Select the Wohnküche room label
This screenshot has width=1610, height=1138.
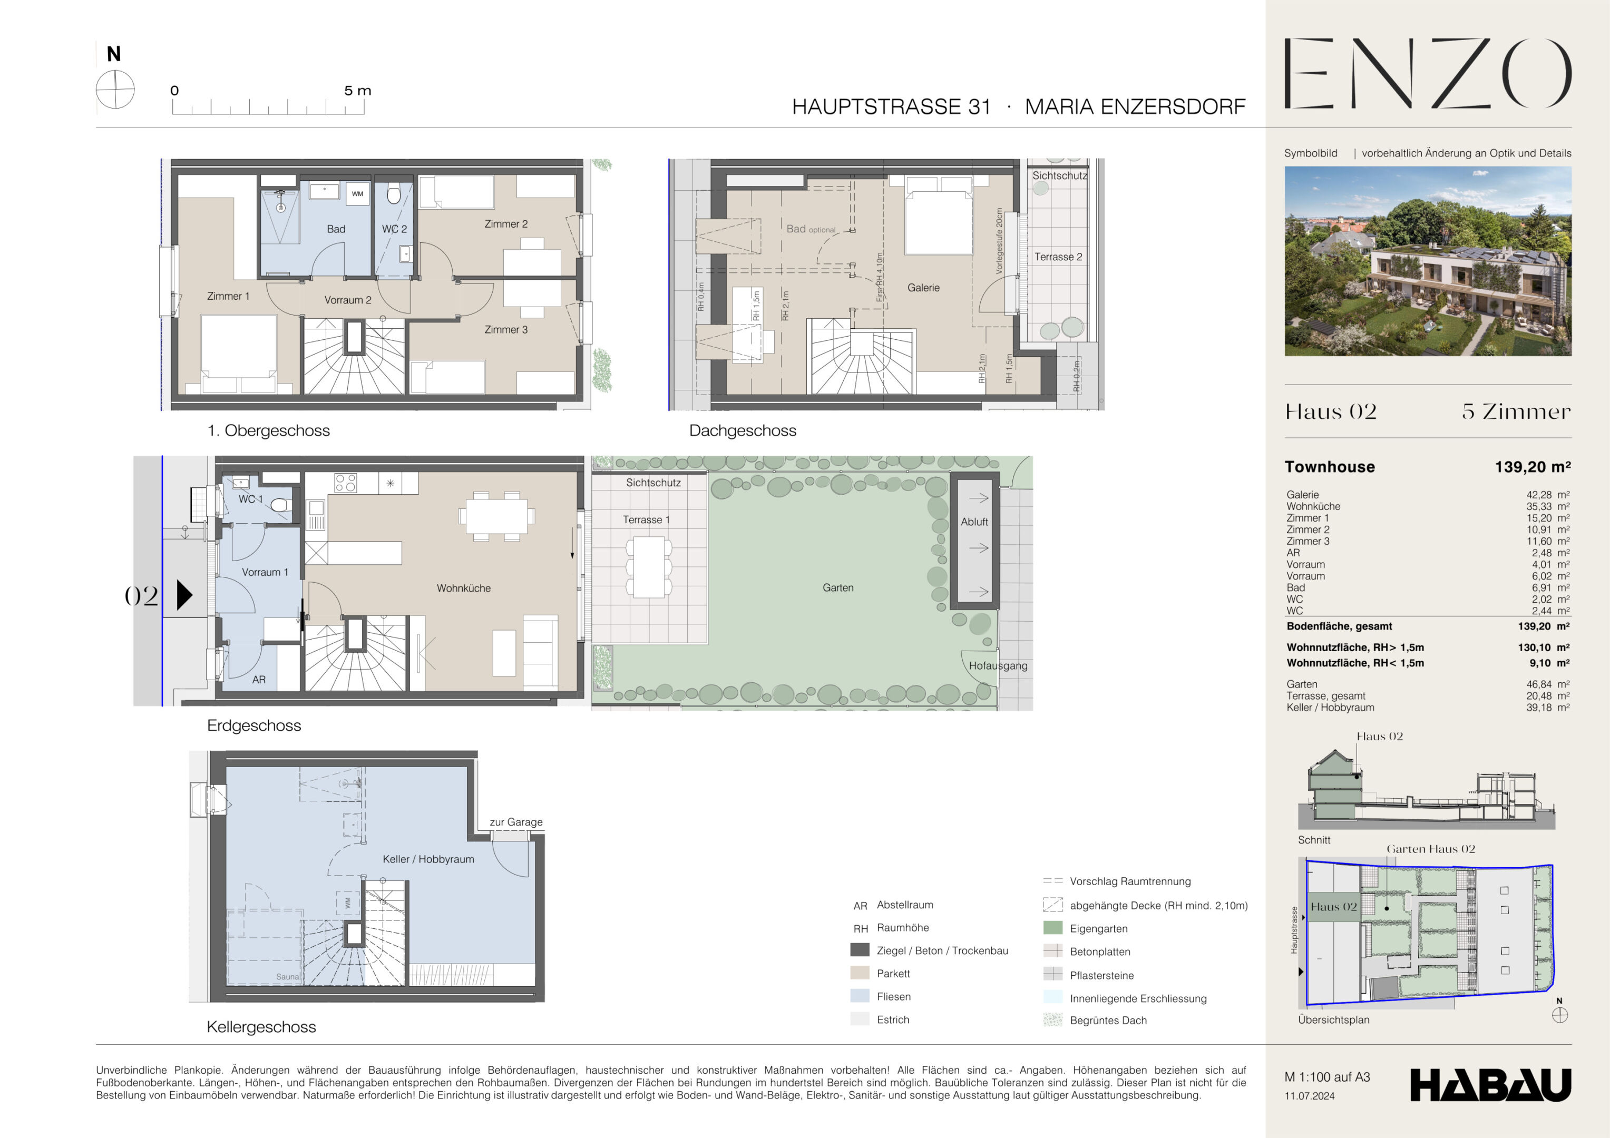(x=464, y=588)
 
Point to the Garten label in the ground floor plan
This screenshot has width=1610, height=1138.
(x=838, y=587)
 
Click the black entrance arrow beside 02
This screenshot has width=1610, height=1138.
(x=184, y=595)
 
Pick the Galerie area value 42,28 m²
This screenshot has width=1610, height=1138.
(x=1548, y=494)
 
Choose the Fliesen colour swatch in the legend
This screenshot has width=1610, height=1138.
(x=860, y=996)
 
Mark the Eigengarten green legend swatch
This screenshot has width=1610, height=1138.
(x=1052, y=928)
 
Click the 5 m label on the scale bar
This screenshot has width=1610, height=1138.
(x=358, y=91)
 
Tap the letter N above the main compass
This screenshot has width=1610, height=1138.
(x=114, y=54)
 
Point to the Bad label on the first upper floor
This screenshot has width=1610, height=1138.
(x=336, y=229)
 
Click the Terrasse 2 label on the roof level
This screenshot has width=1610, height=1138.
(x=1058, y=257)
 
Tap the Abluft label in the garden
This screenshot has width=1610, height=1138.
(x=974, y=522)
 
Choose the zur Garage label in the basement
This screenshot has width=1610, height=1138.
(x=516, y=822)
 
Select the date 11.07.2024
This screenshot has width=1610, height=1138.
(x=1309, y=1096)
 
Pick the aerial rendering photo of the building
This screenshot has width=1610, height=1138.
(x=1428, y=261)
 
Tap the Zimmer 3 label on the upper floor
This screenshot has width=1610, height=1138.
(x=505, y=330)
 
